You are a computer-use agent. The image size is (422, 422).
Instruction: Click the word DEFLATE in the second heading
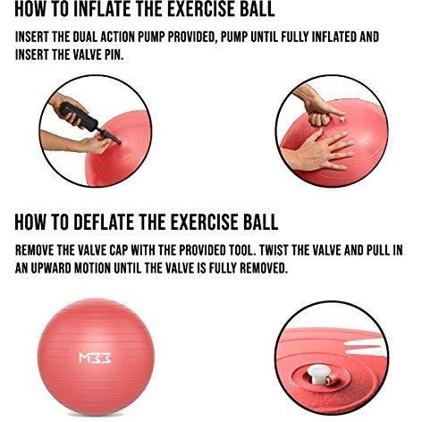tap(104, 222)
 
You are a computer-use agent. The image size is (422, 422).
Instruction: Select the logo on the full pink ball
tap(95, 358)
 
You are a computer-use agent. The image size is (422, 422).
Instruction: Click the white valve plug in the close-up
tap(318, 375)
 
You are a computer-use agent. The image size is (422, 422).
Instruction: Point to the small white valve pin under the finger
tap(342, 119)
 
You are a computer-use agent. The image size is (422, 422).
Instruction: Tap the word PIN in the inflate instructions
tap(114, 55)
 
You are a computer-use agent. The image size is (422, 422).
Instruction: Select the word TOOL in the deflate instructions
tap(241, 250)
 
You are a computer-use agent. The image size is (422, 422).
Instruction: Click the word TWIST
tap(274, 250)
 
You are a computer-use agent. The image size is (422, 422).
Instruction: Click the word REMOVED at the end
tap(263, 268)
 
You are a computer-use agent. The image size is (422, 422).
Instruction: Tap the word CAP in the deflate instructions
tap(119, 250)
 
